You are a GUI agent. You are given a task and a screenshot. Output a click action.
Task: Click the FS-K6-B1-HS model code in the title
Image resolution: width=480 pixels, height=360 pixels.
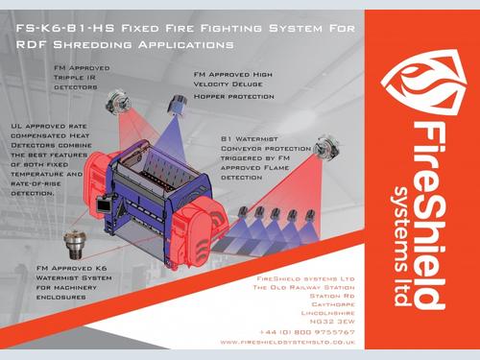tap(65, 28)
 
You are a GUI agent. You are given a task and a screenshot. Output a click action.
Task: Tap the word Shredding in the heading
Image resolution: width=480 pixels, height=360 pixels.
tap(92, 44)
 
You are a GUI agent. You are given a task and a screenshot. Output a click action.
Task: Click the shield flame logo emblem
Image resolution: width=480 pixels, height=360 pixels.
tap(424, 83)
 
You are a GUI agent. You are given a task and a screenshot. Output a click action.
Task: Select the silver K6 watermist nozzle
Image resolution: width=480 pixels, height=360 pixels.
tap(75, 245)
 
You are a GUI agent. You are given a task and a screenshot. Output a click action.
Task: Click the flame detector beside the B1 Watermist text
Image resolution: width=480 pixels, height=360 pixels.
tap(326, 148)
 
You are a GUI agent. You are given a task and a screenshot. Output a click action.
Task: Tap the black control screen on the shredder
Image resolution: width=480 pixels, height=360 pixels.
tap(104, 204)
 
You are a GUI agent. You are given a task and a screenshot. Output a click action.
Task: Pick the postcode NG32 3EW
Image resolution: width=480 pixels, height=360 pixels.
tap(332, 322)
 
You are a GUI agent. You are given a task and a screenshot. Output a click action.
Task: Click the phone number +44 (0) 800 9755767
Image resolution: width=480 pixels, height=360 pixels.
tap(307, 332)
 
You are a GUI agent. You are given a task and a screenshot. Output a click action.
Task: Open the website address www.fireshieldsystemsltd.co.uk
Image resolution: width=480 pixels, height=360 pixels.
tap(288, 342)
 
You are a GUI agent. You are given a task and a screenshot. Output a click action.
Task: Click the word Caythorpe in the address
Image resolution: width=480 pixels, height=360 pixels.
tap(333, 304)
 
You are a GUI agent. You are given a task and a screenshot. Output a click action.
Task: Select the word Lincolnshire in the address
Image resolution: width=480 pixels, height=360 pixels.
tap(328, 313)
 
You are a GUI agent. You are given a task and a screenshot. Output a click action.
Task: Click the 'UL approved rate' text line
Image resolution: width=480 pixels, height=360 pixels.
tap(49, 127)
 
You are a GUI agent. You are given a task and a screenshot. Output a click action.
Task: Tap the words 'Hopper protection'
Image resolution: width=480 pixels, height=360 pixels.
tap(234, 97)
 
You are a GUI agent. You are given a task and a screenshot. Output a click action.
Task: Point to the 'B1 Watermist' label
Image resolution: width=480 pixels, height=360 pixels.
tap(250, 139)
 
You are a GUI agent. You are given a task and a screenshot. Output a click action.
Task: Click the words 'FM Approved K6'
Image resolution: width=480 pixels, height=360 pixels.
tap(71, 268)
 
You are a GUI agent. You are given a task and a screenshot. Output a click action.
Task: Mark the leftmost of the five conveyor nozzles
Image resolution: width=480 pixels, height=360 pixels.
tap(244, 211)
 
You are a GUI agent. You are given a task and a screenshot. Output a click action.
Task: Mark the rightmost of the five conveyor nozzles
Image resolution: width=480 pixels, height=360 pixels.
tap(310, 215)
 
